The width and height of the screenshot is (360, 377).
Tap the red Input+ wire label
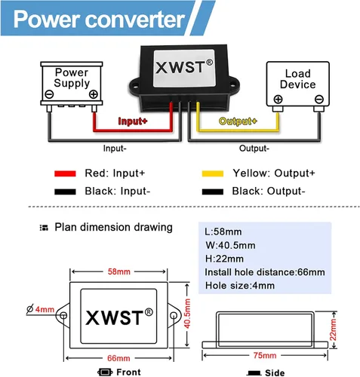[x=134, y=121]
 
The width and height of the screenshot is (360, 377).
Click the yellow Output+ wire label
[x=238, y=121]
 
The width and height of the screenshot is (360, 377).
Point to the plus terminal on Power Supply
[x=93, y=94]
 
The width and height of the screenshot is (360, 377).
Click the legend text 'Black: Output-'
[x=269, y=191]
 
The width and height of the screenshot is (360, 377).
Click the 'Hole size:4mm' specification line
[x=240, y=286]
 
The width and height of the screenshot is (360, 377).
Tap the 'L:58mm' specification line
[x=224, y=231]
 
